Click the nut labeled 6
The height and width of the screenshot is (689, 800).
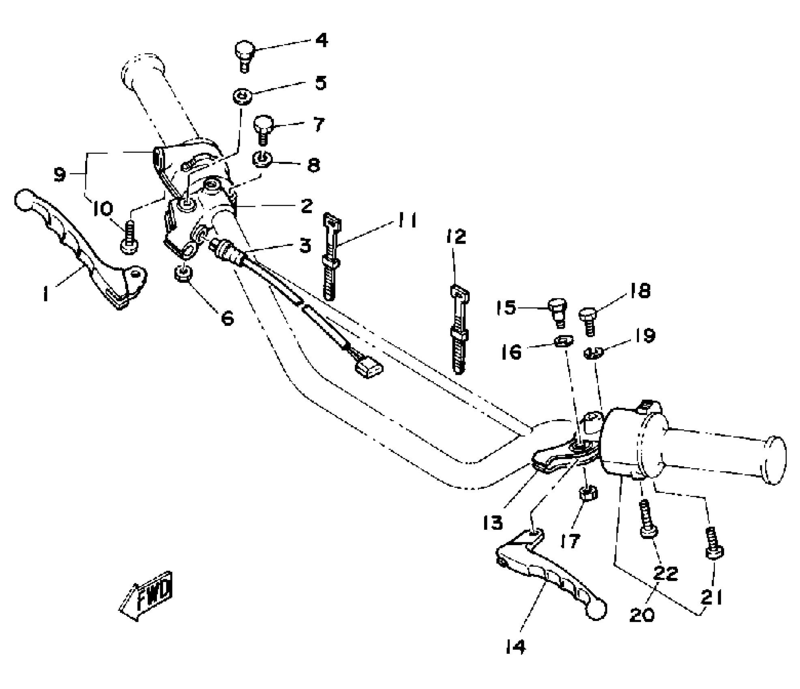coord(183,274)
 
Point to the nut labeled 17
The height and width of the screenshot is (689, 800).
coord(587,493)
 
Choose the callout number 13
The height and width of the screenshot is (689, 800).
coord(493,523)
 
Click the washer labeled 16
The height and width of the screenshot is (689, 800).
coord(564,341)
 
